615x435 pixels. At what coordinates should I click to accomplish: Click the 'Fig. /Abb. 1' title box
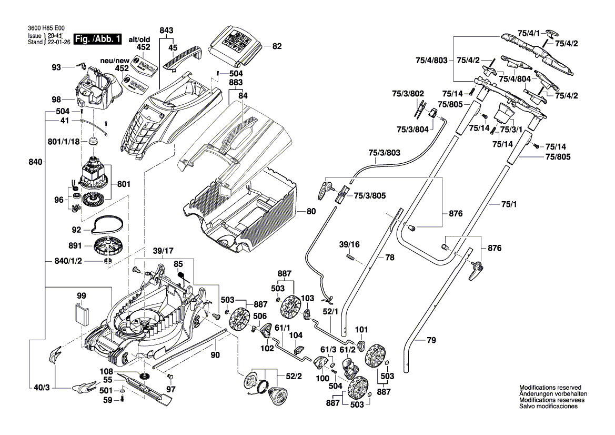(x=98, y=39)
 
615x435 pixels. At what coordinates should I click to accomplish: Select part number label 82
(x=277, y=46)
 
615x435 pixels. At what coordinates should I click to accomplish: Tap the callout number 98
(x=56, y=100)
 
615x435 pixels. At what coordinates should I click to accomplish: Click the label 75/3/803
(x=385, y=153)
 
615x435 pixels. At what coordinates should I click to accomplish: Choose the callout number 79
(x=431, y=341)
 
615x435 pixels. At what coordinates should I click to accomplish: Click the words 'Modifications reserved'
(x=550, y=387)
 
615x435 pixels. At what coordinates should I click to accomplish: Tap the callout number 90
(x=215, y=355)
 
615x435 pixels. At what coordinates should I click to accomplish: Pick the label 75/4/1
(x=529, y=33)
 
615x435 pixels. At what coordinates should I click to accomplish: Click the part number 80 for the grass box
(x=311, y=212)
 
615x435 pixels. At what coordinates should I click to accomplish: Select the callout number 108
(x=107, y=371)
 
